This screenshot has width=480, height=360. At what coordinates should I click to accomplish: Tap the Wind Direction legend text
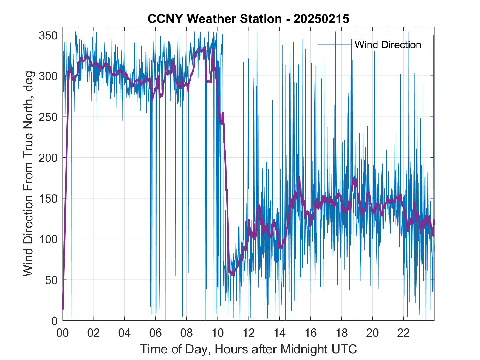[388, 45]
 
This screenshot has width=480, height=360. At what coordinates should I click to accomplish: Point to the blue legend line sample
[334, 44]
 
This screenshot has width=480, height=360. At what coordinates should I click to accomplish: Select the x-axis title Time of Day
[248, 349]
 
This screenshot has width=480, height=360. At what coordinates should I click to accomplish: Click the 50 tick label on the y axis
[51, 280]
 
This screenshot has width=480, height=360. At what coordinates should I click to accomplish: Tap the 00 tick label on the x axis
[63, 333]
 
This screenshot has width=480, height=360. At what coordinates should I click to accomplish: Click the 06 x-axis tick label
[156, 333]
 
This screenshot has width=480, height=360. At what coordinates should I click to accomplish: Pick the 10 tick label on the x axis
[218, 333]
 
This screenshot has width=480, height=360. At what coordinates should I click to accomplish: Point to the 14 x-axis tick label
[279, 333]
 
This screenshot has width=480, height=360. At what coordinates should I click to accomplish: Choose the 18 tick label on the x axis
[341, 333]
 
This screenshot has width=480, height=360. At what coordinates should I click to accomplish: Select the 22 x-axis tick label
[403, 333]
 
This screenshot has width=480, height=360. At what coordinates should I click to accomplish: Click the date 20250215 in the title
[321, 19]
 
